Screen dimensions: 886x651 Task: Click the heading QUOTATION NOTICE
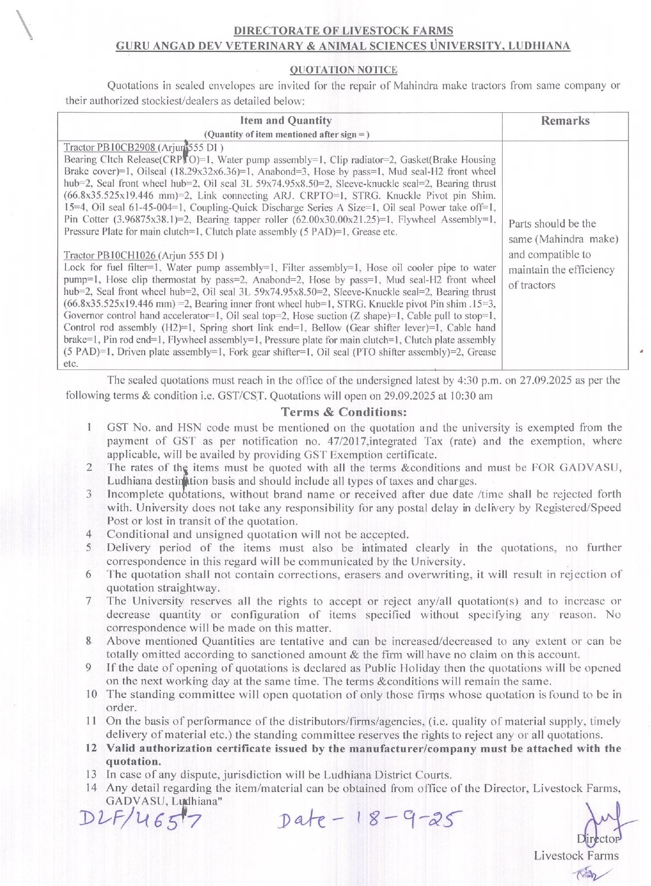tap(343, 70)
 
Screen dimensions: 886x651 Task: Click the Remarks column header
tap(565, 121)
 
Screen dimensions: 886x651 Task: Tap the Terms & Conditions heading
tap(344, 412)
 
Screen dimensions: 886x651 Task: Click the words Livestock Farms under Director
tap(576, 855)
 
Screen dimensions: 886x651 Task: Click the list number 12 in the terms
tap(91, 748)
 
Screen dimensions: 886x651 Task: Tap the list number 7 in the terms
tap(89, 601)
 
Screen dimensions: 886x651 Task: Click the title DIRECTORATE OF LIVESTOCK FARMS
tap(343, 31)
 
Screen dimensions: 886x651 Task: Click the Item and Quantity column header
tap(287, 121)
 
